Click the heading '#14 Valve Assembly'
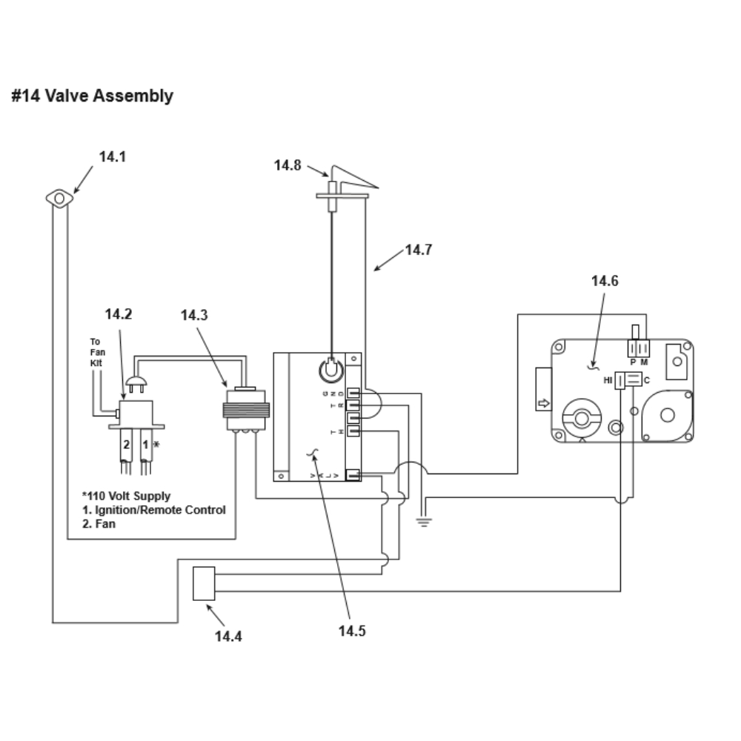[x=92, y=96]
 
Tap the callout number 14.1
[x=113, y=157]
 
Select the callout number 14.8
[x=288, y=165]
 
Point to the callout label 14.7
[x=419, y=250]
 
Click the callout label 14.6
[x=605, y=281]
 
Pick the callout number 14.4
[x=228, y=637]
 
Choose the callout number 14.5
[x=352, y=631]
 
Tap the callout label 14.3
[x=194, y=315]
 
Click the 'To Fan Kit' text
[x=97, y=352]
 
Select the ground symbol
[x=424, y=522]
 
